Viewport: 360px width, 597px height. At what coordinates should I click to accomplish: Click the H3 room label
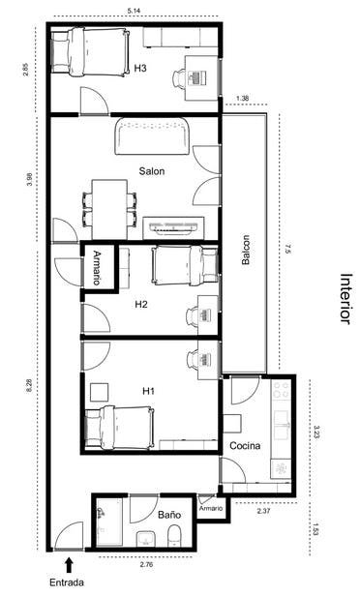(x=140, y=69)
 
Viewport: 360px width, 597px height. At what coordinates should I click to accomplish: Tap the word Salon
(x=151, y=171)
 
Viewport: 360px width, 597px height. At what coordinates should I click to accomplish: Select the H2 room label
(x=141, y=304)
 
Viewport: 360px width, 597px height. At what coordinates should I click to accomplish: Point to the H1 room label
(x=149, y=391)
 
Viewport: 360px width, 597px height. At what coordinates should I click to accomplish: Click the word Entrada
(x=67, y=582)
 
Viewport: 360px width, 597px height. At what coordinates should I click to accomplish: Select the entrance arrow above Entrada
(x=68, y=562)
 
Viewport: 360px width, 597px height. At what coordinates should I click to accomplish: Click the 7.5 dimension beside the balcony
(x=286, y=251)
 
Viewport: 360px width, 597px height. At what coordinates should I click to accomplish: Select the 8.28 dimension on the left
(x=31, y=384)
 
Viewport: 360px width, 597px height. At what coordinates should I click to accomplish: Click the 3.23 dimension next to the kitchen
(x=315, y=430)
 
